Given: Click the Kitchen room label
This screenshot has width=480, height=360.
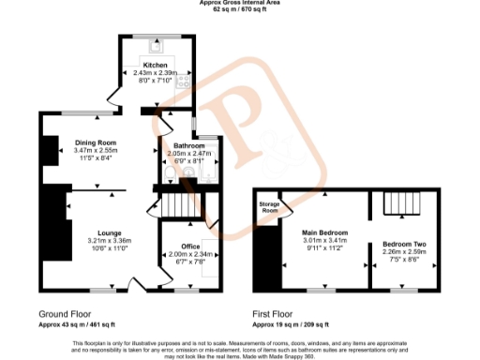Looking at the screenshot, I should tap(155, 66).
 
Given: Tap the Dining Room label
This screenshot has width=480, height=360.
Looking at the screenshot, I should tap(95, 142).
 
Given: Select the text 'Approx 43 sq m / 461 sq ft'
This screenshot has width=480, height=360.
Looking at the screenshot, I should tap(78, 323).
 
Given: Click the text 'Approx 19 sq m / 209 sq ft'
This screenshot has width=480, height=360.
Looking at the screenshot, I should tap(291, 323).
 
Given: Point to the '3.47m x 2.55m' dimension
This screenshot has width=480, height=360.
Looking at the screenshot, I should tap(95, 150).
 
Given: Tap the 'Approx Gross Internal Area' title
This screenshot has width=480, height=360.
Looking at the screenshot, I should tap(239, 3).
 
